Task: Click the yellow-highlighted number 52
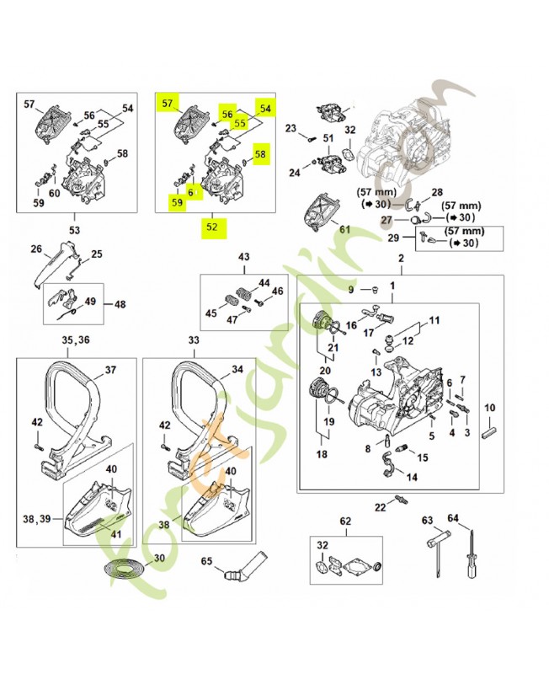tap(211, 226)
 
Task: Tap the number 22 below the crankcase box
tap(380, 505)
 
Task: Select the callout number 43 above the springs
tap(244, 256)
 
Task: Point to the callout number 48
tap(119, 304)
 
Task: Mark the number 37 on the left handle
tap(109, 369)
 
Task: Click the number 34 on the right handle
tap(237, 369)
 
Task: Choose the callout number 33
tap(194, 340)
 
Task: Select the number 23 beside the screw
tap(291, 128)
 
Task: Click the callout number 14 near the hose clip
tap(411, 476)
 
